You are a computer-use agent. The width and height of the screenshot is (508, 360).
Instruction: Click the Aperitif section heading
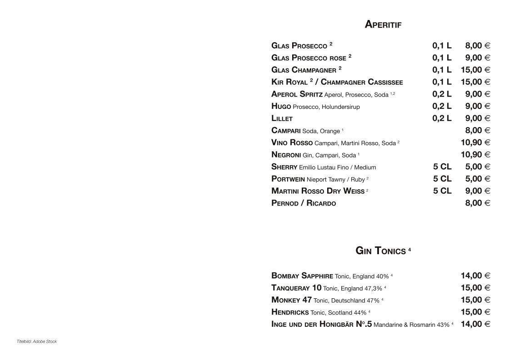[383, 25]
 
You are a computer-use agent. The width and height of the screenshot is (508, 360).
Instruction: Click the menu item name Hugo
[281, 106]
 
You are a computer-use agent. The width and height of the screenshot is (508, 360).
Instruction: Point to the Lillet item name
[282, 118]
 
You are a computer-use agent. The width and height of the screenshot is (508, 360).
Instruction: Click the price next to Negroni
[475, 155]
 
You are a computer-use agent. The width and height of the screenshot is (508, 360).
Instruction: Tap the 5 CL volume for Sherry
[442, 167]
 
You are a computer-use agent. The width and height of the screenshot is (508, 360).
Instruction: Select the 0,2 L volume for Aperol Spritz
[442, 94]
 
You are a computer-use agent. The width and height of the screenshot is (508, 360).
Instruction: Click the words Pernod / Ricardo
[304, 203]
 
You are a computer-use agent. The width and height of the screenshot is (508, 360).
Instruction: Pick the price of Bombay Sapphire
[475, 276]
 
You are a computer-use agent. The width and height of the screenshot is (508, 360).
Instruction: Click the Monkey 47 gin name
[291, 300]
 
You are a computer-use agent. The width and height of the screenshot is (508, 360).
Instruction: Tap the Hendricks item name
[290, 312]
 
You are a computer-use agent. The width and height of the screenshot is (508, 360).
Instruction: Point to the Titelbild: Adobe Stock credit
[37, 341]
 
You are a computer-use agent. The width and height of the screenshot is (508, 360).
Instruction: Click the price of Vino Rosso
[475, 143]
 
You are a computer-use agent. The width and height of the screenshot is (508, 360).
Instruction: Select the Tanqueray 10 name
[296, 288]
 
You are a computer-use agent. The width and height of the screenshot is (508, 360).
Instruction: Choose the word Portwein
[288, 179]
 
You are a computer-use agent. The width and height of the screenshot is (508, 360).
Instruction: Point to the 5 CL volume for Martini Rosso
[442, 191]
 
